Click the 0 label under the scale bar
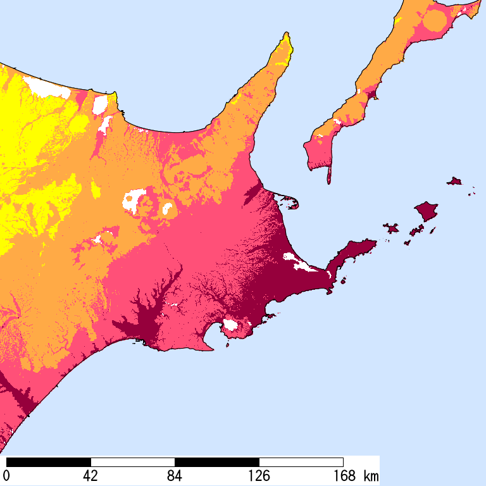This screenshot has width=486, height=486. [x=7, y=475]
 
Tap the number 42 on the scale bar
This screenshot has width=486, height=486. [x=90, y=475]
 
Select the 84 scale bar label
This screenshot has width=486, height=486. [x=175, y=475]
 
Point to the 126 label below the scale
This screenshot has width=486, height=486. [x=259, y=475]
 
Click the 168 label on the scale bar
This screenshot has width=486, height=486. [x=343, y=475]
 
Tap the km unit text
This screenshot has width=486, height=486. [x=371, y=475]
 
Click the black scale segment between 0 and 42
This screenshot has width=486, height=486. [x=49, y=462]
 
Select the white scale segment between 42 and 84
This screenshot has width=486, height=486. [x=133, y=462]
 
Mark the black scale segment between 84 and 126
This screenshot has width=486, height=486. [x=217, y=462]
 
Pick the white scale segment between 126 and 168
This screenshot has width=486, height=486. [x=301, y=462]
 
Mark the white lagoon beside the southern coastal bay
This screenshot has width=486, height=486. [x=230, y=325]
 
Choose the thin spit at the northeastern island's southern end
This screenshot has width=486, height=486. [x=328, y=174]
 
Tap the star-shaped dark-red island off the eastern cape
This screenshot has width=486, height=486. [x=390, y=227]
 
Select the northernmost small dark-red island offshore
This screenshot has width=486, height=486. [x=454, y=182]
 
